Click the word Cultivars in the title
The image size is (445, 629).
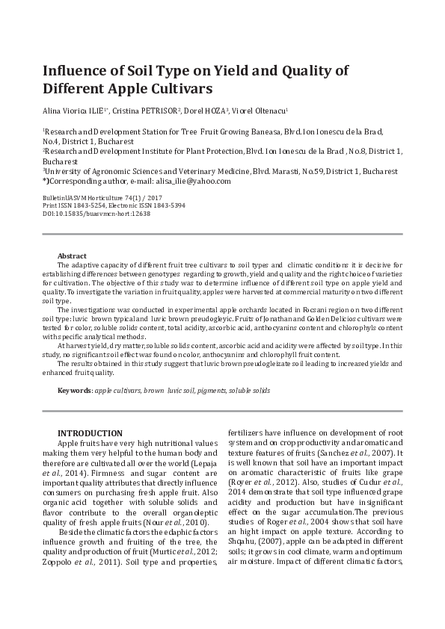click(x=176, y=88)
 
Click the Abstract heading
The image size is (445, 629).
click(x=72, y=255)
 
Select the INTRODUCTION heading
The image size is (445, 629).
click(x=90, y=433)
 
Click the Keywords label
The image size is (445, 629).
click(x=75, y=391)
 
